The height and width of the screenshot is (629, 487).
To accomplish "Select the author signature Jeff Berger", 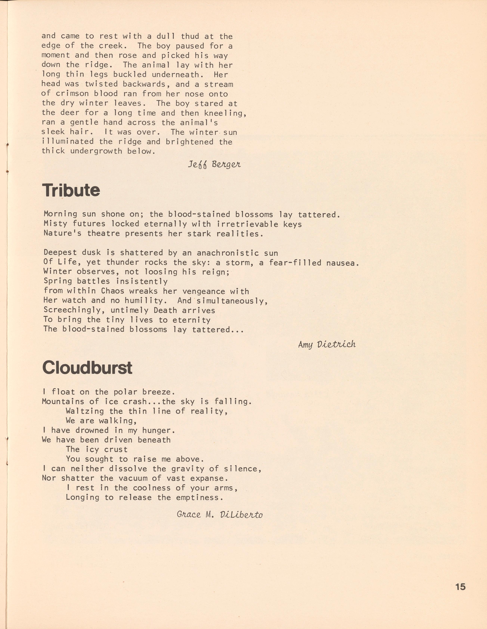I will (214, 164).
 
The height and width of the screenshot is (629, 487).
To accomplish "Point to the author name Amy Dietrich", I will (327, 344).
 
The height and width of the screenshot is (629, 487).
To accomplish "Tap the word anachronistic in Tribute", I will (228, 253).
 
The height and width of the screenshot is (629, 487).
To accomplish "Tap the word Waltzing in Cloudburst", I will (85, 411).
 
